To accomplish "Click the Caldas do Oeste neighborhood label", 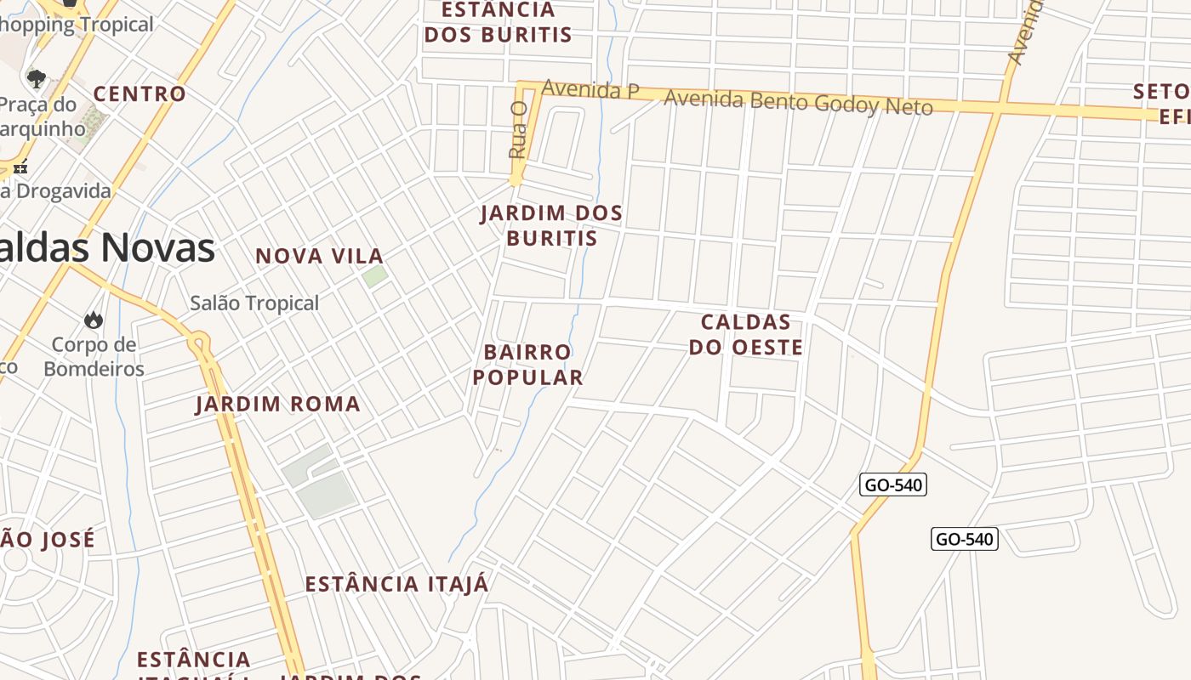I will (745, 335).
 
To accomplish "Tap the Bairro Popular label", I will (527, 365).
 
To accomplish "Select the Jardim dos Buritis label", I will (551, 225).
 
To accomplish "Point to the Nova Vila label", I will (320, 256).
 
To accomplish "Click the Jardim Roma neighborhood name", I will (278, 404).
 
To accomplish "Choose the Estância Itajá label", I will (396, 585).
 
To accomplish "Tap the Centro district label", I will (140, 93).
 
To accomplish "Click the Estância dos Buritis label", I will (498, 23).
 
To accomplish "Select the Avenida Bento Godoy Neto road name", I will (798, 102).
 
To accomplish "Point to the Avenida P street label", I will (590, 89).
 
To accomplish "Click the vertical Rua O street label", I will (518, 129).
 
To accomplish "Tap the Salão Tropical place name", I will (254, 303).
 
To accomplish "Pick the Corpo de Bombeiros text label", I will (94, 356).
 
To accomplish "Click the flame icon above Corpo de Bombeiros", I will (93, 320).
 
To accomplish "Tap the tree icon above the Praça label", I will (36, 79).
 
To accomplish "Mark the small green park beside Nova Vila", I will (374, 276).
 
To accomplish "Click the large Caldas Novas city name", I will (106, 247).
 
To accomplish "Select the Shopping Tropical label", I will (77, 25).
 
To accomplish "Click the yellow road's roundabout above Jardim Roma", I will (200, 344).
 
